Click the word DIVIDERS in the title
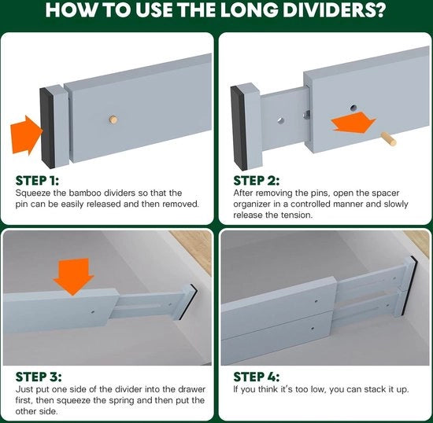[334, 9]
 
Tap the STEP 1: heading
[37, 181]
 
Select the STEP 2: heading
[257, 181]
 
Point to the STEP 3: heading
[39, 377]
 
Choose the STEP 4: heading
[257, 377]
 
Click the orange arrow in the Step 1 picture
[27, 135]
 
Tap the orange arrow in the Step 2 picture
[353, 123]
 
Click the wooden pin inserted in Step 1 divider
[113, 120]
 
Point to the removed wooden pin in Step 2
[389, 138]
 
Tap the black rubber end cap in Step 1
[47, 128]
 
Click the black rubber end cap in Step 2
[239, 127]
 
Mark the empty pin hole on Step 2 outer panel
[353, 108]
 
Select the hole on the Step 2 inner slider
[281, 120]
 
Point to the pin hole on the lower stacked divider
[313, 329]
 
